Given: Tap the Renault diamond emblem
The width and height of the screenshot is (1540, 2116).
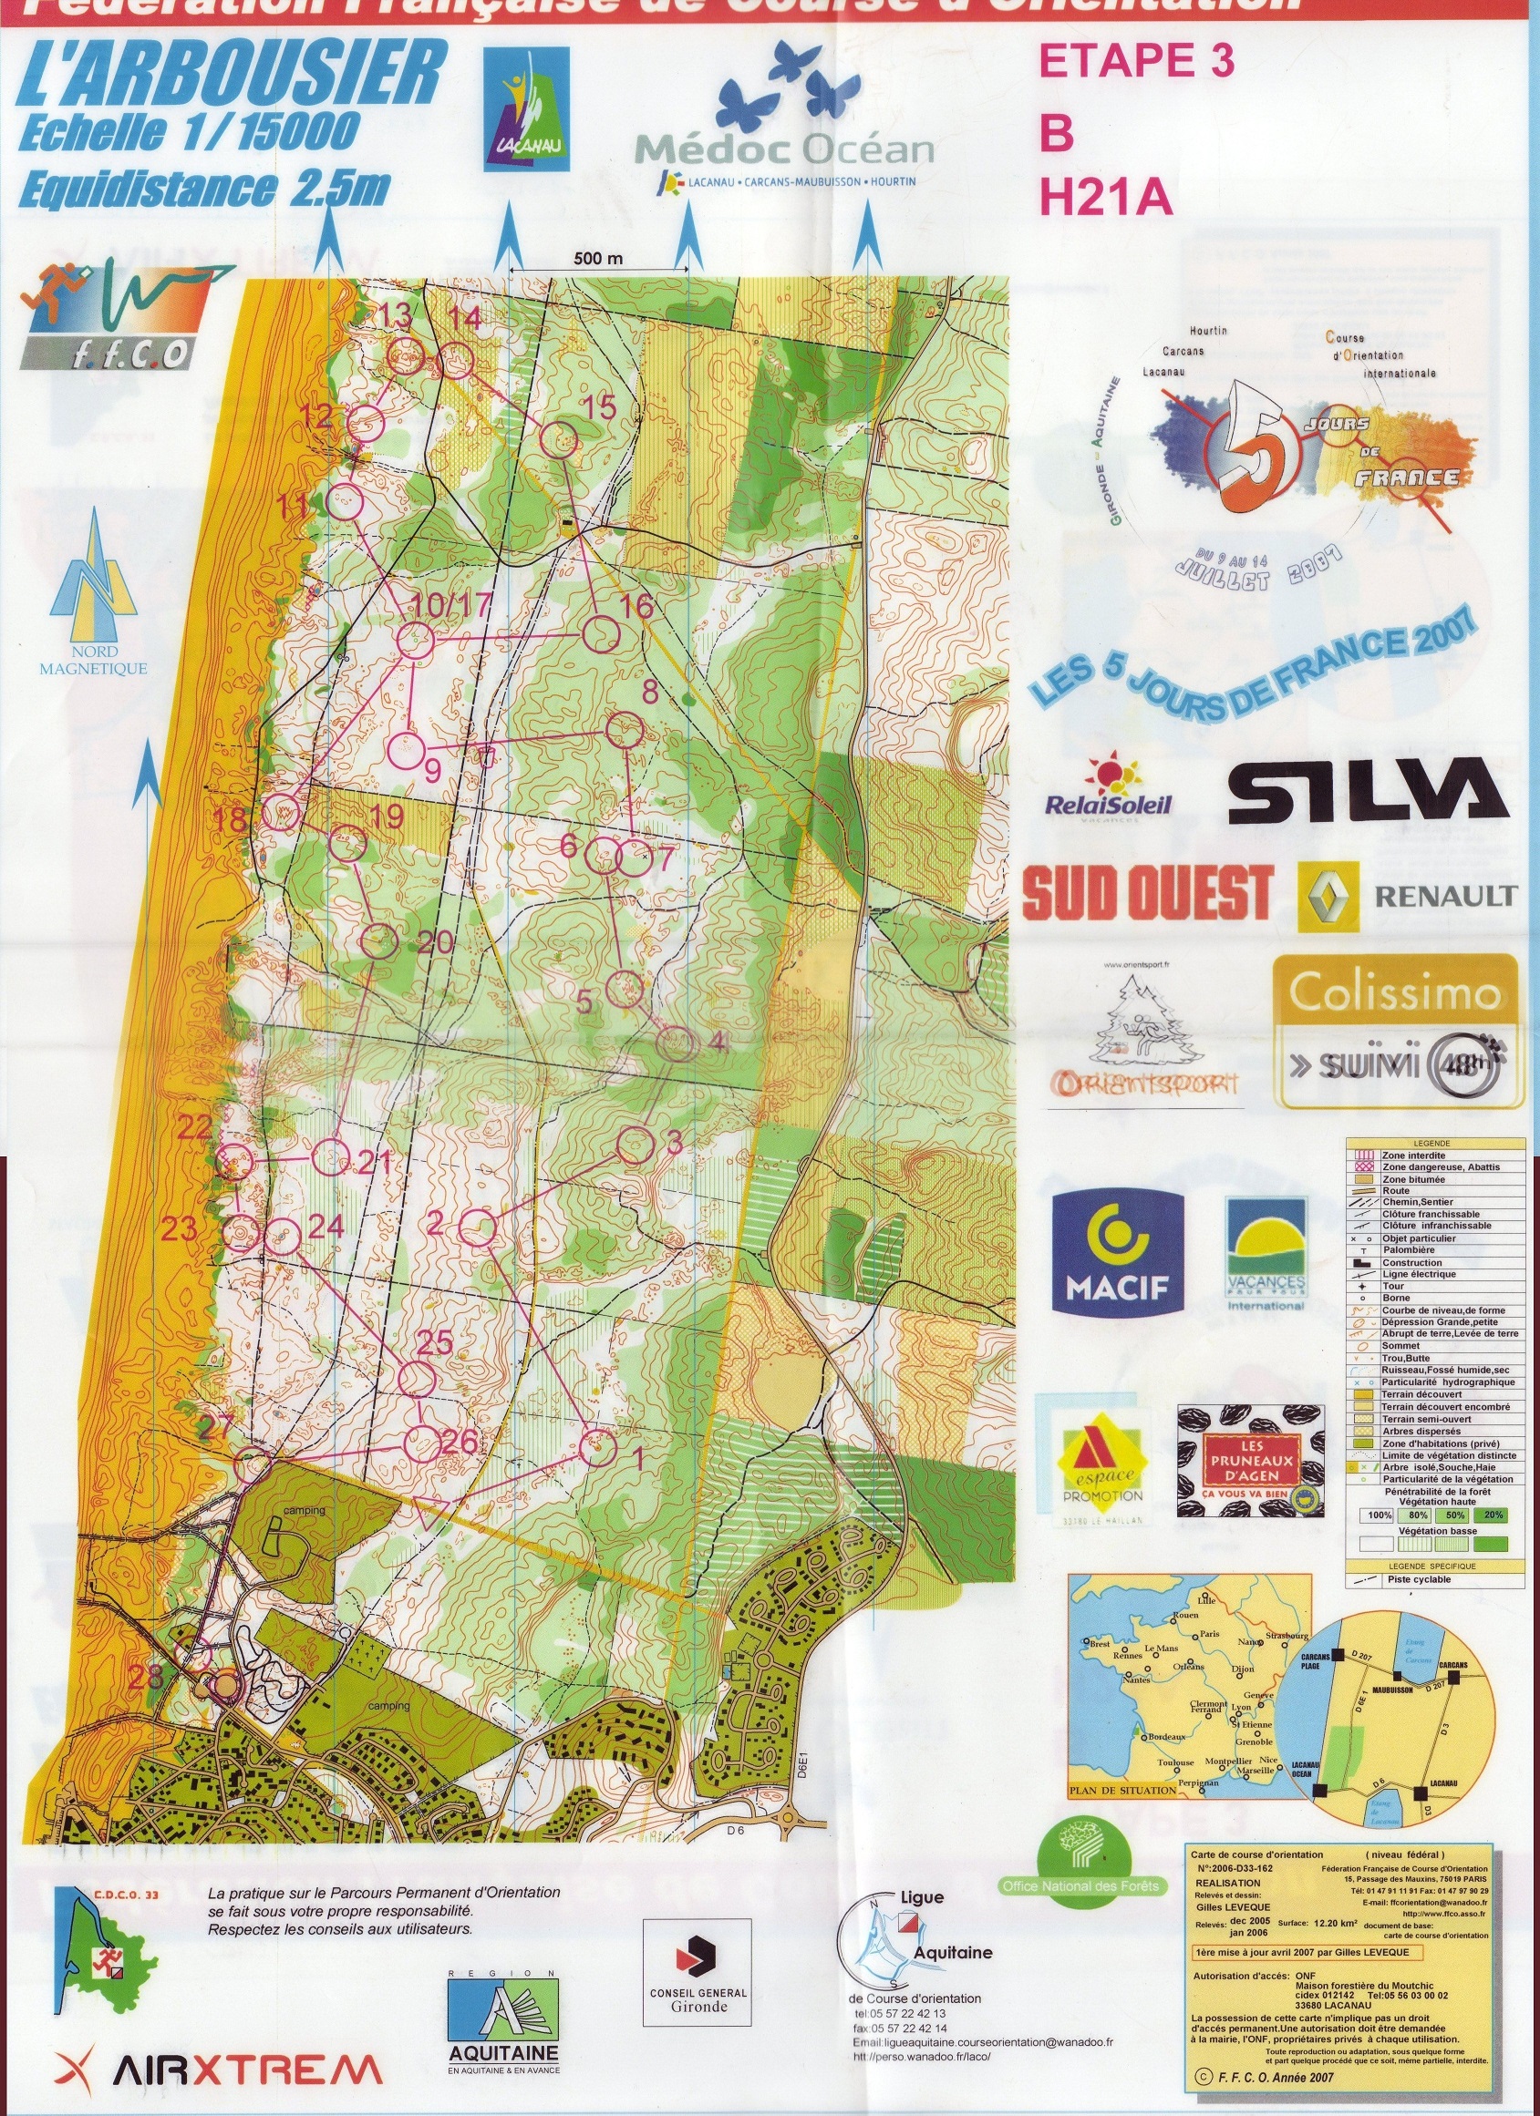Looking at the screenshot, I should [1328, 895].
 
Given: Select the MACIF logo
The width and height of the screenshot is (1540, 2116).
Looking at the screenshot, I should [1117, 1249].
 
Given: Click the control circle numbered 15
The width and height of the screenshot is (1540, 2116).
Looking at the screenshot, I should [560, 438].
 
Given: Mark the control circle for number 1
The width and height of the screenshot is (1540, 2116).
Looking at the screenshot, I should [598, 1448].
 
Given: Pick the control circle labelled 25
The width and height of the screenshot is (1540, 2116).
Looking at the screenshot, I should [418, 1379].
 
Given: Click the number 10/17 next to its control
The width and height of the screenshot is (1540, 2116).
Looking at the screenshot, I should [451, 603].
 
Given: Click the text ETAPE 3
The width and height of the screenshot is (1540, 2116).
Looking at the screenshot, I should [1136, 61].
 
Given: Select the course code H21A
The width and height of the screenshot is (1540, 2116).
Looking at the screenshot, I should [1105, 198].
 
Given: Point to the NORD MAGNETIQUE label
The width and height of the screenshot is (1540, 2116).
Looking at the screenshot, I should [93, 660].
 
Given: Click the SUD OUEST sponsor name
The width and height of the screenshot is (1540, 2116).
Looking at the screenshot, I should [1147, 892].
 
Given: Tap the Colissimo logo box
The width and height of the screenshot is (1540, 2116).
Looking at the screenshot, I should [1396, 1030].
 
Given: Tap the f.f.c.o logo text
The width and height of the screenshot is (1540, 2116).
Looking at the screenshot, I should [143, 353].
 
